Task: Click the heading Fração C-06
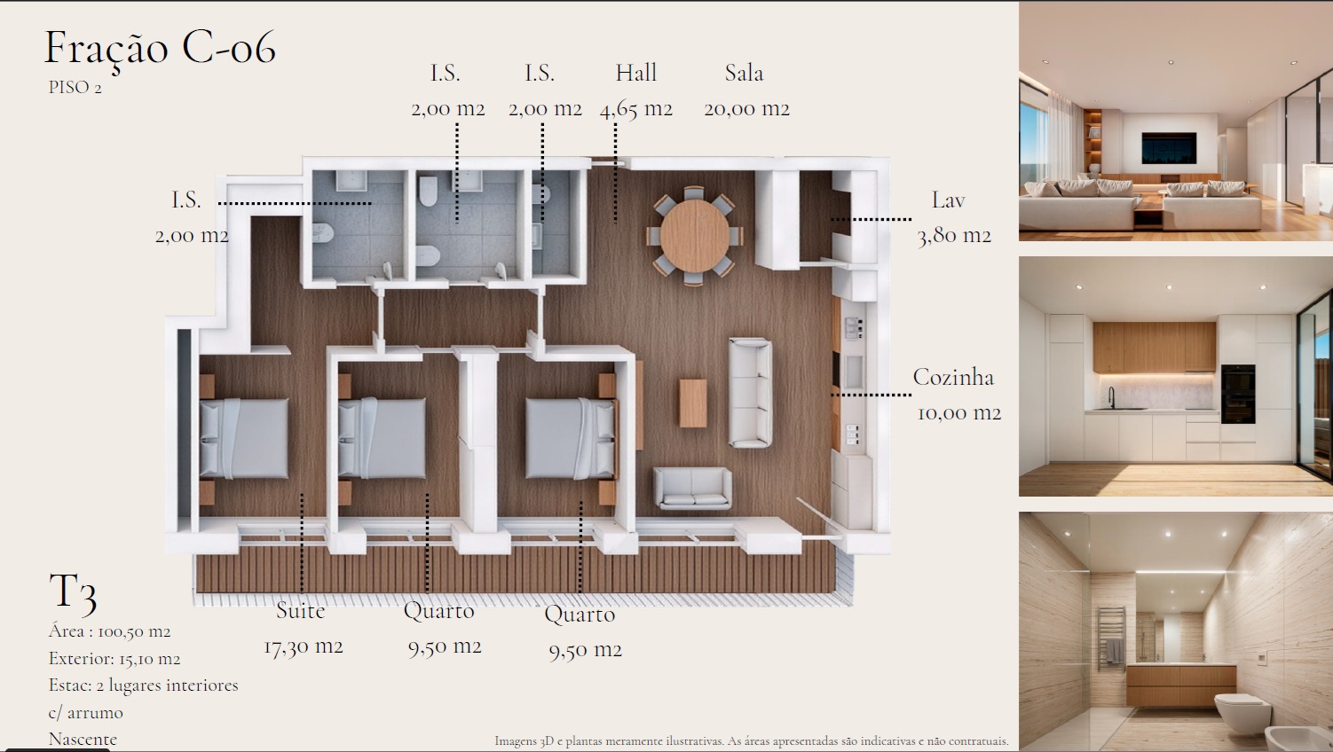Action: [160, 49]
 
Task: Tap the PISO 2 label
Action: [75, 88]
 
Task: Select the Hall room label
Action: [635, 73]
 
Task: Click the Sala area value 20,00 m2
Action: [747, 109]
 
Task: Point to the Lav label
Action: [948, 200]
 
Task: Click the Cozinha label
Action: [953, 377]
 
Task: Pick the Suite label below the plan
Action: [301, 610]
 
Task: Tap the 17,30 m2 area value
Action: [304, 646]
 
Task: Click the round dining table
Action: [695, 235]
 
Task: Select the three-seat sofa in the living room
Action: [751, 392]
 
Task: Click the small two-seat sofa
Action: [693, 488]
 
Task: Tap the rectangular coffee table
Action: [693, 403]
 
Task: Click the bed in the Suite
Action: [244, 438]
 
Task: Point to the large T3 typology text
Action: [73, 592]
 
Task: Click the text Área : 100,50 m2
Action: [109, 631]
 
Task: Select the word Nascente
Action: [83, 740]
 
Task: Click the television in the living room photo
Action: [1169, 148]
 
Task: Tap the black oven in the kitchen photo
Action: [1238, 394]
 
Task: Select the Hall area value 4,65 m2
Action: [636, 109]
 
